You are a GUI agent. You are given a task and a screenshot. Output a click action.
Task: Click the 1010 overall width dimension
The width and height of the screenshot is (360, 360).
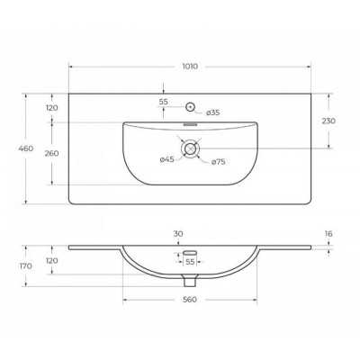(190, 67)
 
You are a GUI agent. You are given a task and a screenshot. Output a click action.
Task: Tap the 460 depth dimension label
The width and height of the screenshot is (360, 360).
(26, 148)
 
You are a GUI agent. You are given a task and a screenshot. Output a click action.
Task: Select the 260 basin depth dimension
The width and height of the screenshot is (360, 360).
(51, 153)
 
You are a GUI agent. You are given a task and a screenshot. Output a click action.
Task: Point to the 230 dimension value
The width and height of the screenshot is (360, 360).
(328, 121)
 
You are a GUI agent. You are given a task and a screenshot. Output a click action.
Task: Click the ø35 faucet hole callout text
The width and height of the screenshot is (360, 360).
(213, 112)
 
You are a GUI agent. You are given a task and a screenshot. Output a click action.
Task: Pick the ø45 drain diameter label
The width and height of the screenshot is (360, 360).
(167, 159)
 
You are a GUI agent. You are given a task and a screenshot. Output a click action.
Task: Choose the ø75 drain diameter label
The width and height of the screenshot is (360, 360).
(219, 162)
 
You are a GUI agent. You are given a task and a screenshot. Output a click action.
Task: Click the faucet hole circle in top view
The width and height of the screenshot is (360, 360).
(191, 106)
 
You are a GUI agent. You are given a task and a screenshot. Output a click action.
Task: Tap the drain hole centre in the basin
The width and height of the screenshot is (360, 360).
(190, 148)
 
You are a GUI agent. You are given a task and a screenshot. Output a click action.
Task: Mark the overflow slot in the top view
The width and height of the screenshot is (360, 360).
(190, 123)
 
